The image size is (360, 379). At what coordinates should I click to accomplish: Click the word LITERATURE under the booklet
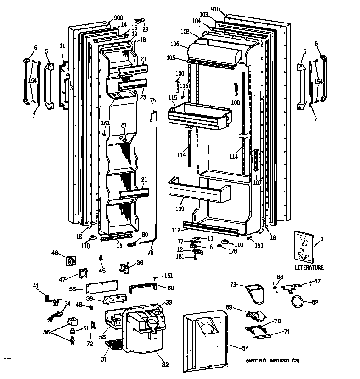[309, 267]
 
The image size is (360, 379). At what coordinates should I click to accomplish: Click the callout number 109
[179, 209]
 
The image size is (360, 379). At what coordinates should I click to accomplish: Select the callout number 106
[175, 44]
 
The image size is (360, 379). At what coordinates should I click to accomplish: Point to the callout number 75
[153, 101]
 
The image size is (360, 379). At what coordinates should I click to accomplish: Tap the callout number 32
[165, 365]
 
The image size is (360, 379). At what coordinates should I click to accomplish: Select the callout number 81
[124, 125]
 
